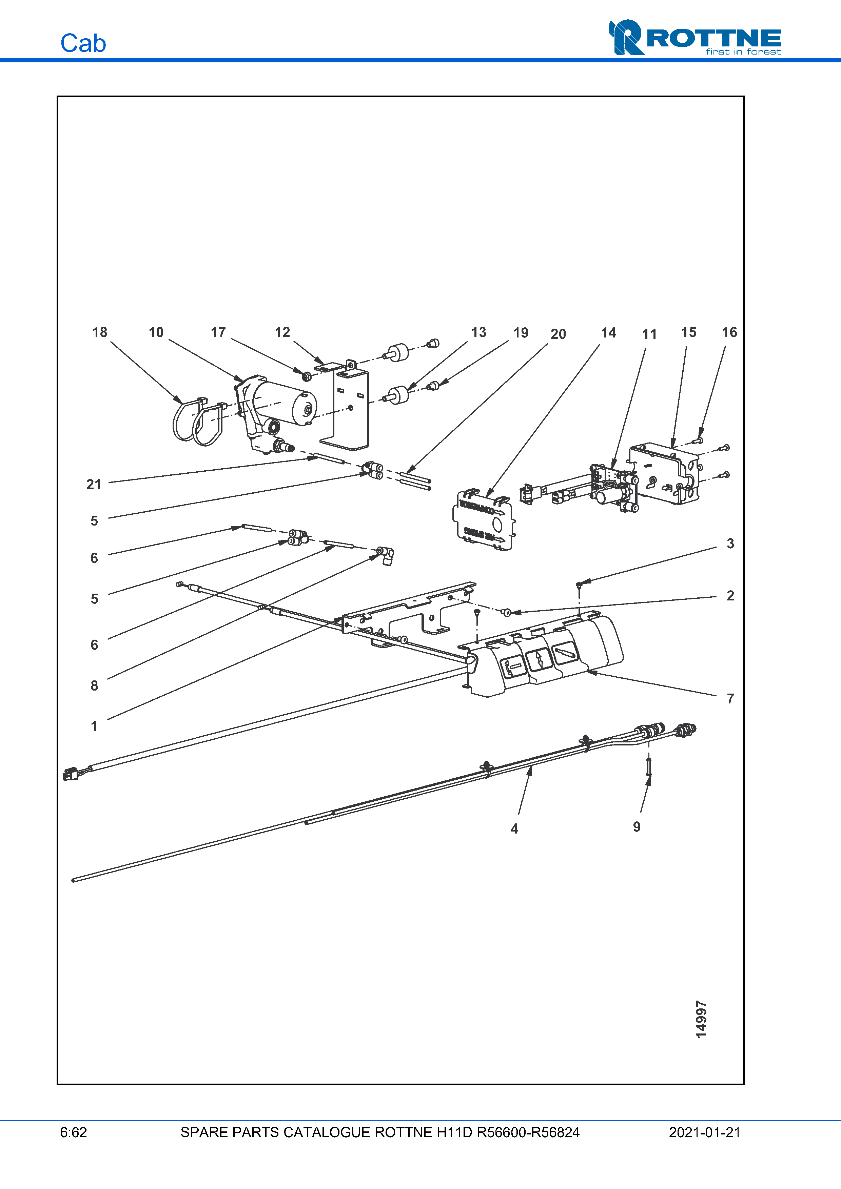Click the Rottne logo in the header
tap(695, 37)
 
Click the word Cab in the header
tap(83, 43)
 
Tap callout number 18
tap(99, 332)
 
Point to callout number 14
tap(608, 333)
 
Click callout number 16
tap(729, 332)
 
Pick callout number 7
tap(730, 699)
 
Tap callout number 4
tap(514, 828)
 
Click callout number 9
tap(637, 827)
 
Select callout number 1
tap(94, 726)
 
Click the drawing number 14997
tap(701, 1020)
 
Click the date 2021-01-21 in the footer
tap(704, 1132)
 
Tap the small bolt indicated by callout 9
tap(648, 766)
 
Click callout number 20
tap(558, 334)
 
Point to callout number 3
tap(730, 544)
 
